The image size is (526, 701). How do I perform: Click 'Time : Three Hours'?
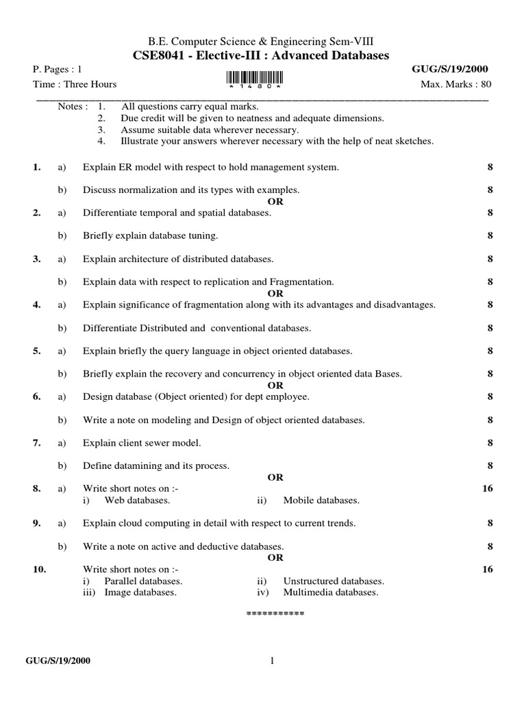pyautogui.click(x=75, y=84)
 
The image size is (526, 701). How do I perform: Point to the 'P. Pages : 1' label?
pyautogui.click(x=58, y=69)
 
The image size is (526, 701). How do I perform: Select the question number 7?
pyautogui.click(x=36, y=443)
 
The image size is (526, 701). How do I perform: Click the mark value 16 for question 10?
pyautogui.click(x=487, y=569)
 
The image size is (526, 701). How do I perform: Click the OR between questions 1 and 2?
pyautogui.click(x=275, y=202)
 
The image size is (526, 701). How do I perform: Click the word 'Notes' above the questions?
pyautogui.click(x=72, y=107)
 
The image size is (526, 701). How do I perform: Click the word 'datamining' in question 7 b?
pyautogui.click(x=134, y=466)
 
